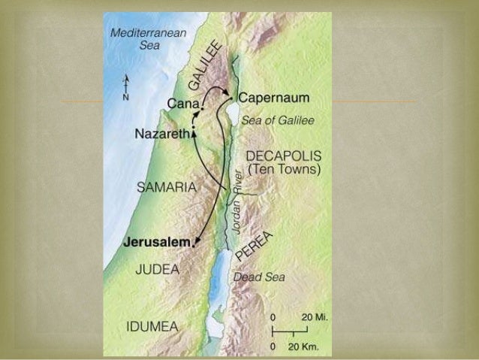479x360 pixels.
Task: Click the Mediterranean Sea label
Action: tap(139, 38)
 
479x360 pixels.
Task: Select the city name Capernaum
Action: tap(274, 98)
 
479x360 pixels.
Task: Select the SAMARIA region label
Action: tap(166, 186)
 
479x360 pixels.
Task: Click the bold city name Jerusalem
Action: tap(156, 243)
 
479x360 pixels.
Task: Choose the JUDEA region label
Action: tap(157, 269)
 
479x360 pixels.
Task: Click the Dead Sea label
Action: tap(259, 277)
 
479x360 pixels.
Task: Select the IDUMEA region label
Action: tap(152, 326)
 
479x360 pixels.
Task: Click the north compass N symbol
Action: tap(125, 97)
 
